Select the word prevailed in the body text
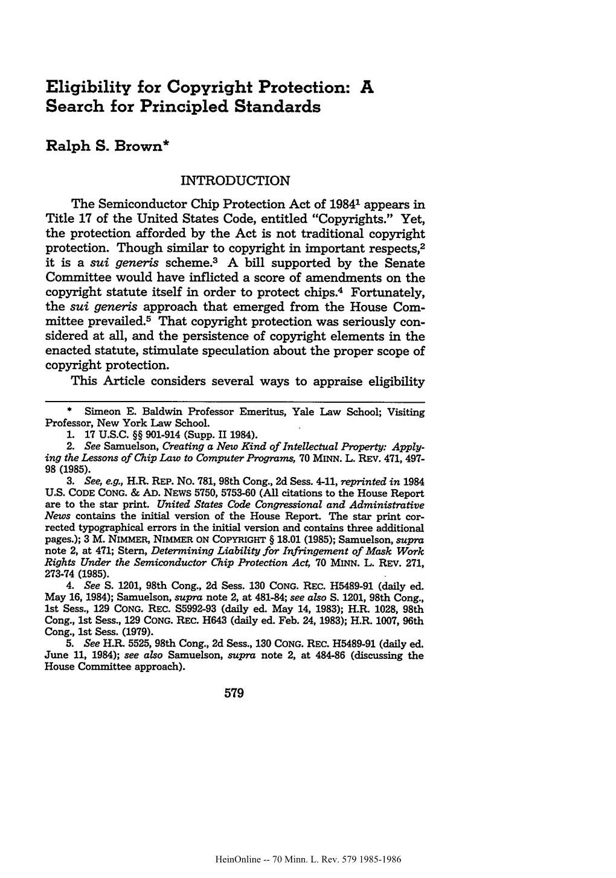click(101, 321)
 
